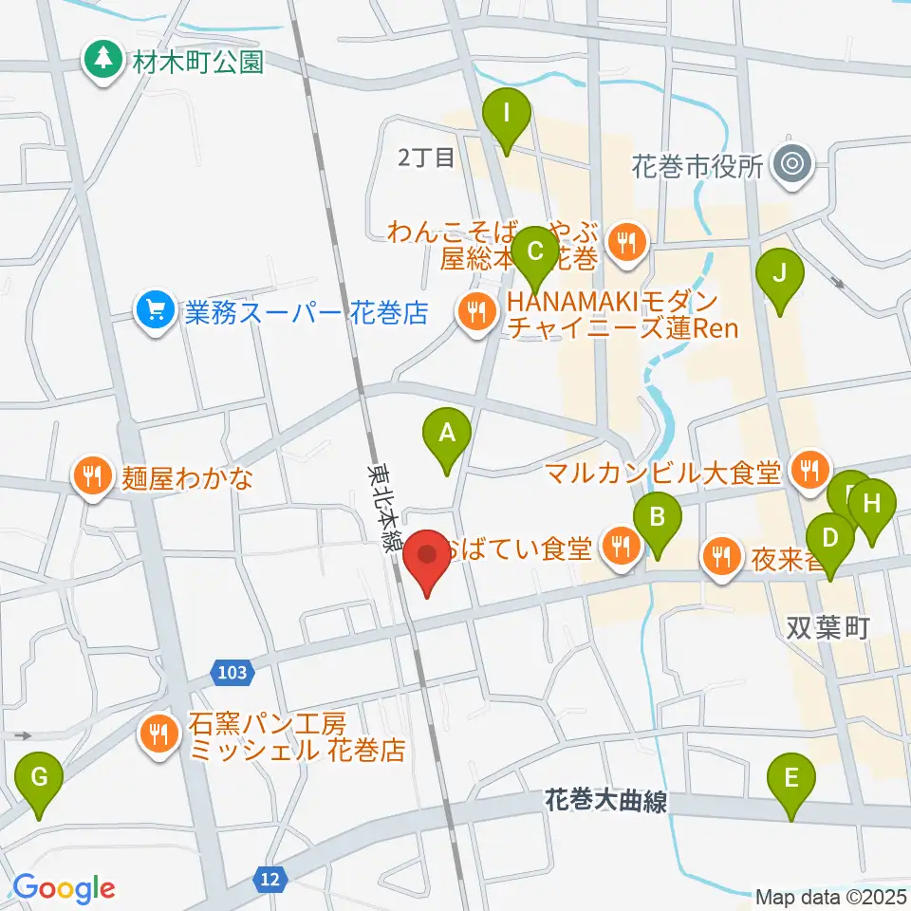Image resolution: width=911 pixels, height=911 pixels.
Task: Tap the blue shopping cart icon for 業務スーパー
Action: [153, 313]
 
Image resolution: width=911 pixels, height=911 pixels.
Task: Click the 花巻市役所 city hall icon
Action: [790, 164]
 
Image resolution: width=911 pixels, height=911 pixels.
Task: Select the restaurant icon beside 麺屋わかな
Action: [92, 476]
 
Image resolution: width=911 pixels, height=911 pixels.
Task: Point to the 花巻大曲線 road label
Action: [605, 802]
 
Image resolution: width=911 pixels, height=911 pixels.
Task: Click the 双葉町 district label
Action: [827, 630]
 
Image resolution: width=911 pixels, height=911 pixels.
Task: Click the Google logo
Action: [64, 888]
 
